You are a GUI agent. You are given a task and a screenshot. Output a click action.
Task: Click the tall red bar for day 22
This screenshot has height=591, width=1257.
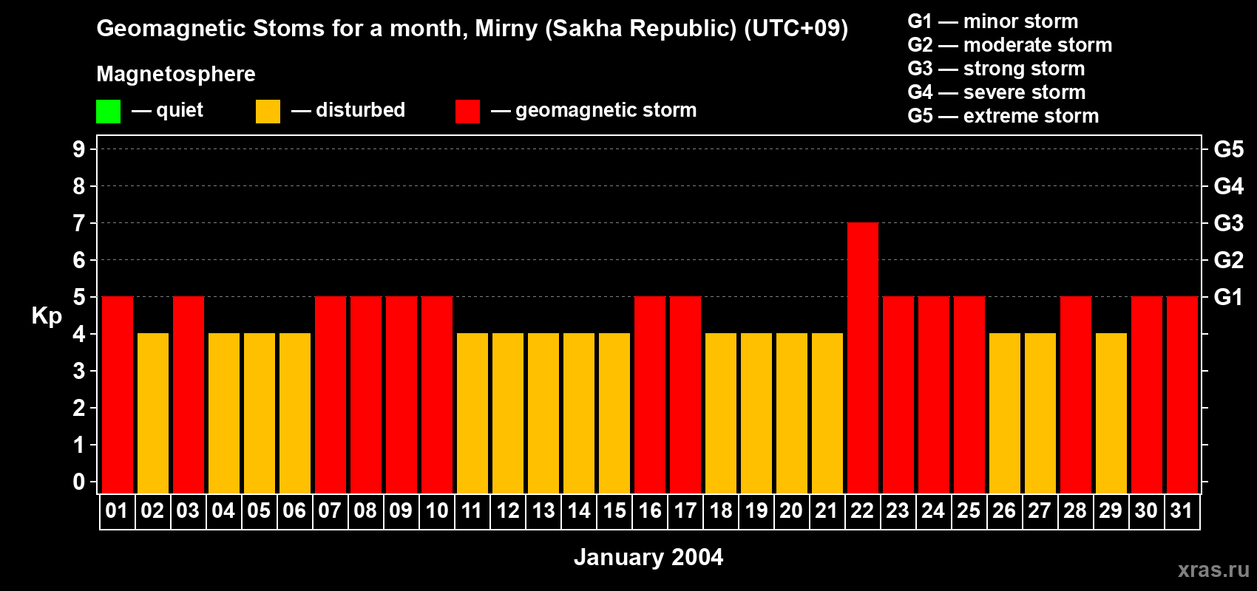(x=862, y=358)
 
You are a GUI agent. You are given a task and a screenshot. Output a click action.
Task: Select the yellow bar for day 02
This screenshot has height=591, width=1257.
(x=152, y=413)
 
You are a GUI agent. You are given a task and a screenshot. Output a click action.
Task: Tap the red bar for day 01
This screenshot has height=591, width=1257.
(x=118, y=394)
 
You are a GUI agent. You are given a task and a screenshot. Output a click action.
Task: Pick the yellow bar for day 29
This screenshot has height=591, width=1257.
(x=1111, y=413)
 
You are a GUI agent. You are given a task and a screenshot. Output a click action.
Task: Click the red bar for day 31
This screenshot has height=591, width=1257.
(x=1182, y=394)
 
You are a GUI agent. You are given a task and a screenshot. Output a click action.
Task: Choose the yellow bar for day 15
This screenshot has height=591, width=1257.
(x=614, y=413)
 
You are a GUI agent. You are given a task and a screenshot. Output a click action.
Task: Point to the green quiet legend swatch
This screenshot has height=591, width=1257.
(x=108, y=111)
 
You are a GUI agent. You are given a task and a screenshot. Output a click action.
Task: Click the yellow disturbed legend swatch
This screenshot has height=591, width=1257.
(x=268, y=111)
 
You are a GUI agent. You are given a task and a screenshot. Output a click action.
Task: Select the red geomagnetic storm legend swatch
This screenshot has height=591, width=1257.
(x=467, y=111)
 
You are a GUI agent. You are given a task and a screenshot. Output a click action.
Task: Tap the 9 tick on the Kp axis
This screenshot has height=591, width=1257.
(x=78, y=149)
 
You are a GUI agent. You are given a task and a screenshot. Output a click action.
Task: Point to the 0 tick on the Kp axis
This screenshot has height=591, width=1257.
(x=78, y=482)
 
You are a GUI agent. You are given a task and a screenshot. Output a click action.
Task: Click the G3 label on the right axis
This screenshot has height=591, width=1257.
(x=1228, y=223)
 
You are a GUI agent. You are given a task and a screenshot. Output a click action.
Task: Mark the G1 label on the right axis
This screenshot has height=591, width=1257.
(x=1228, y=297)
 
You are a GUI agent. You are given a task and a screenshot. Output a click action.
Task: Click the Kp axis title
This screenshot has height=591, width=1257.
(x=47, y=316)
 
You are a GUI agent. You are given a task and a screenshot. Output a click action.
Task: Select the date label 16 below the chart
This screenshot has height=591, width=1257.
(x=650, y=510)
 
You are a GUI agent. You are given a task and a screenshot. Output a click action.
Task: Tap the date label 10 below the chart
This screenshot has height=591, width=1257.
(x=436, y=510)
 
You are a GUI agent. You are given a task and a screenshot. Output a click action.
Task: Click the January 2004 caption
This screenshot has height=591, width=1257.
(x=648, y=557)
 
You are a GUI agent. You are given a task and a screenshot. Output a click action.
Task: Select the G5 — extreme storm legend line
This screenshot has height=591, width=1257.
(x=1003, y=116)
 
